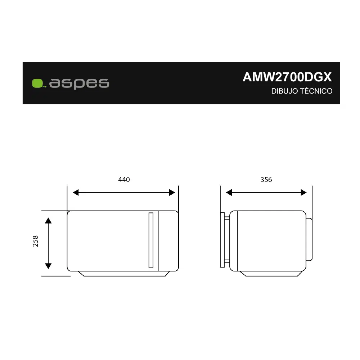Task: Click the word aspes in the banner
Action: [x=79, y=83]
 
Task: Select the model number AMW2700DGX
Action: [x=287, y=77]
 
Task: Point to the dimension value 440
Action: [x=124, y=180]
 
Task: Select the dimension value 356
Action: [x=266, y=180]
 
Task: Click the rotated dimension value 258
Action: [x=35, y=241]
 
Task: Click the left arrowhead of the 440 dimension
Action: [x=76, y=193]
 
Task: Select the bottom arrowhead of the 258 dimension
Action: [x=48, y=266]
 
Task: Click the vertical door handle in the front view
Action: [x=151, y=240]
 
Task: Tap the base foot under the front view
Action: [x=123, y=274]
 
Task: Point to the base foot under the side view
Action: [x=272, y=274]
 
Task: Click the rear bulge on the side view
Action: [x=309, y=239]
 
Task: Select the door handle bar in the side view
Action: [x=222, y=240]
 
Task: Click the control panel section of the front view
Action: [x=168, y=240]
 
